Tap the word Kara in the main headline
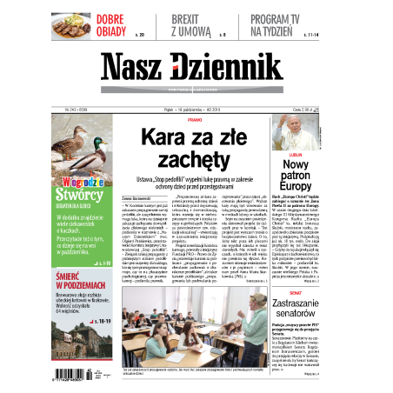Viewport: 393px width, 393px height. pyautogui.click(x=160, y=137)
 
